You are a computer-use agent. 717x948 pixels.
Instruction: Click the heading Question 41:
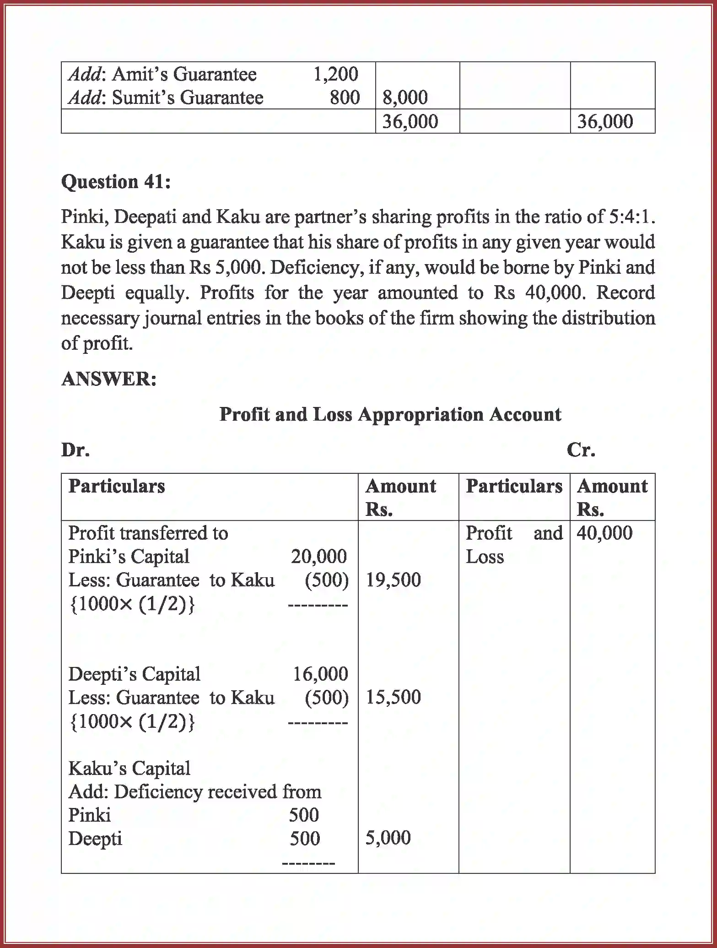click(116, 182)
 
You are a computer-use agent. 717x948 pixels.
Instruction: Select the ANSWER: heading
click(109, 379)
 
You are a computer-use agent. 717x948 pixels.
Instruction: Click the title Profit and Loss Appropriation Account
click(390, 414)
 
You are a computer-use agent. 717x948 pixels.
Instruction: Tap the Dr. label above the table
click(75, 450)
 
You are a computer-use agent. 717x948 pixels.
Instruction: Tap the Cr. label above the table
click(581, 450)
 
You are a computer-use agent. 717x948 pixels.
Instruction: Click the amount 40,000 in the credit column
click(604, 533)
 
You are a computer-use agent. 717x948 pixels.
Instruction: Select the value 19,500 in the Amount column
click(393, 580)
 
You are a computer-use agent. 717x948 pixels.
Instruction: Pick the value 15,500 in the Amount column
click(393, 697)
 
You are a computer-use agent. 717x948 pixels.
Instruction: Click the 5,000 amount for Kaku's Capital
click(388, 838)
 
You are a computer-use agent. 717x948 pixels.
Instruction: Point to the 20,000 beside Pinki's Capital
click(319, 557)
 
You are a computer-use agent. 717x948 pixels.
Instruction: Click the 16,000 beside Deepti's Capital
click(320, 674)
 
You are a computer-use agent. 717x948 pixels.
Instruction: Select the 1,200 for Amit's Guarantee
click(335, 74)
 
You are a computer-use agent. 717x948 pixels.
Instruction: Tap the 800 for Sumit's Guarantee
click(345, 98)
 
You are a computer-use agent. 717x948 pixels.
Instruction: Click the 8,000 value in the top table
click(405, 98)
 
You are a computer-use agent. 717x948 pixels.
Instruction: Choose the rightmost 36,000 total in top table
click(605, 121)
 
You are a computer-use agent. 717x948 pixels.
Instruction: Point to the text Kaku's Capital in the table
click(129, 768)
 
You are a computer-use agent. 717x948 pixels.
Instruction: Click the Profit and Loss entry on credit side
click(514, 545)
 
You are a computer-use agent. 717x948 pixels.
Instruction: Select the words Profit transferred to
click(148, 533)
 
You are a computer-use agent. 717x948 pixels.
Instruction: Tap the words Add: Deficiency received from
click(195, 791)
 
